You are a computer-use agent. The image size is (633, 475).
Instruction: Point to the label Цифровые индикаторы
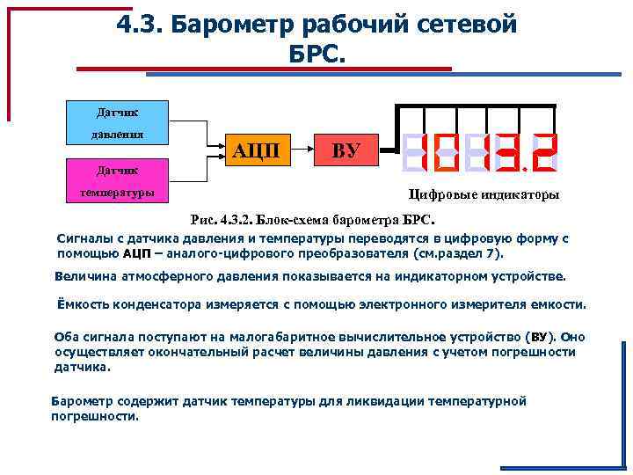[x=484, y=194]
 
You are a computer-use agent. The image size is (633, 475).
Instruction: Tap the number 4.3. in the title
[x=142, y=26]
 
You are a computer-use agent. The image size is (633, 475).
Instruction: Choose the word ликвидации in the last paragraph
[x=389, y=400]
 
